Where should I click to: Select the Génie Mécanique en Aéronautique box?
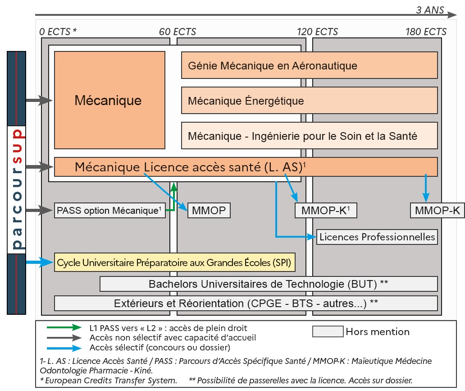coord(309,65)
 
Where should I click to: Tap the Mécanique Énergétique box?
coord(309,100)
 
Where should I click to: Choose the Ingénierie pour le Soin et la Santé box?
coord(309,135)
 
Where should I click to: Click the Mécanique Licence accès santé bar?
coord(246,167)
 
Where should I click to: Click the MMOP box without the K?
coord(209,211)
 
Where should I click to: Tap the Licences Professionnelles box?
coord(377,237)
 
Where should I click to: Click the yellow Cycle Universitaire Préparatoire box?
coord(174,262)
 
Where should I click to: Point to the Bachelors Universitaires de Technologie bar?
coord(269,284)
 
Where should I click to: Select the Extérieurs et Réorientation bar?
coord(246,303)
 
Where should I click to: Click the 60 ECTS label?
coord(178,32)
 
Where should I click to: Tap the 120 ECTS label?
coord(317,32)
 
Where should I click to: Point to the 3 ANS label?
coord(430,10)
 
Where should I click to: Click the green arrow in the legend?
coord(64,328)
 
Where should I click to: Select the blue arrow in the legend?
coord(64,347)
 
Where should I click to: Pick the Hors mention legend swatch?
coord(328,331)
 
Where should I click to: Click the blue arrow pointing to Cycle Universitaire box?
coord(40,262)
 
